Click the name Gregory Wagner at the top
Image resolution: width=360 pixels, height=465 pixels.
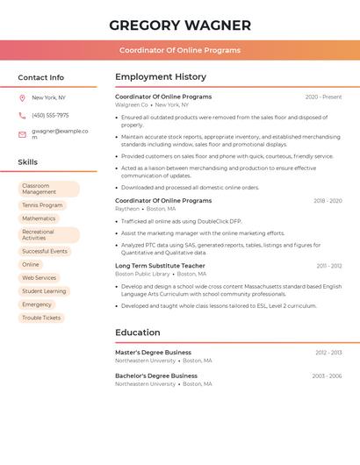(x=180, y=25)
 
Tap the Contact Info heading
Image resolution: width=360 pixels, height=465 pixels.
(x=41, y=77)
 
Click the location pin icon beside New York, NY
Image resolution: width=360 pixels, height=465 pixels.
(x=22, y=98)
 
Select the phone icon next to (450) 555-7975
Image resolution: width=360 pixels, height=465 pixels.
(x=22, y=115)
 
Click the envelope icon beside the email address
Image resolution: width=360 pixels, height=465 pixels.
(x=22, y=134)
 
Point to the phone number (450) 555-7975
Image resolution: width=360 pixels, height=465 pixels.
(x=50, y=115)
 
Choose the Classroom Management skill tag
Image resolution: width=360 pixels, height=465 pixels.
(x=48, y=189)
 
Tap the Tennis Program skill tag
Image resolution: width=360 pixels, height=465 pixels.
(x=42, y=205)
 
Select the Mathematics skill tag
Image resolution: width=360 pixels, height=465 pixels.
(x=39, y=218)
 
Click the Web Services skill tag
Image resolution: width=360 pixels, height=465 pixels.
(x=39, y=277)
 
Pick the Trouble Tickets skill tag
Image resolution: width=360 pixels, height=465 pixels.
(x=41, y=318)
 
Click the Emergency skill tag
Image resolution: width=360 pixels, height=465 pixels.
(x=37, y=304)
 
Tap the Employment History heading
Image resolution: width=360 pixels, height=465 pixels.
(x=161, y=77)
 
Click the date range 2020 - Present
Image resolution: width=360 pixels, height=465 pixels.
(x=323, y=97)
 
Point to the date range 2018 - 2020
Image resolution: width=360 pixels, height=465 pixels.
(x=328, y=201)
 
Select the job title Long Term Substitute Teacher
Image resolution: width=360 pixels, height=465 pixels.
(x=160, y=265)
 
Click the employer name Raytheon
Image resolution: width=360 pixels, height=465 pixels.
(x=127, y=209)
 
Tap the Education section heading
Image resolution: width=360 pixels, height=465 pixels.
(x=138, y=333)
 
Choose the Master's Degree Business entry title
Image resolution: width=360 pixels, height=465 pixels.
(x=153, y=352)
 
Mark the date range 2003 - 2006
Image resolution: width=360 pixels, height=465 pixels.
(x=327, y=376)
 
